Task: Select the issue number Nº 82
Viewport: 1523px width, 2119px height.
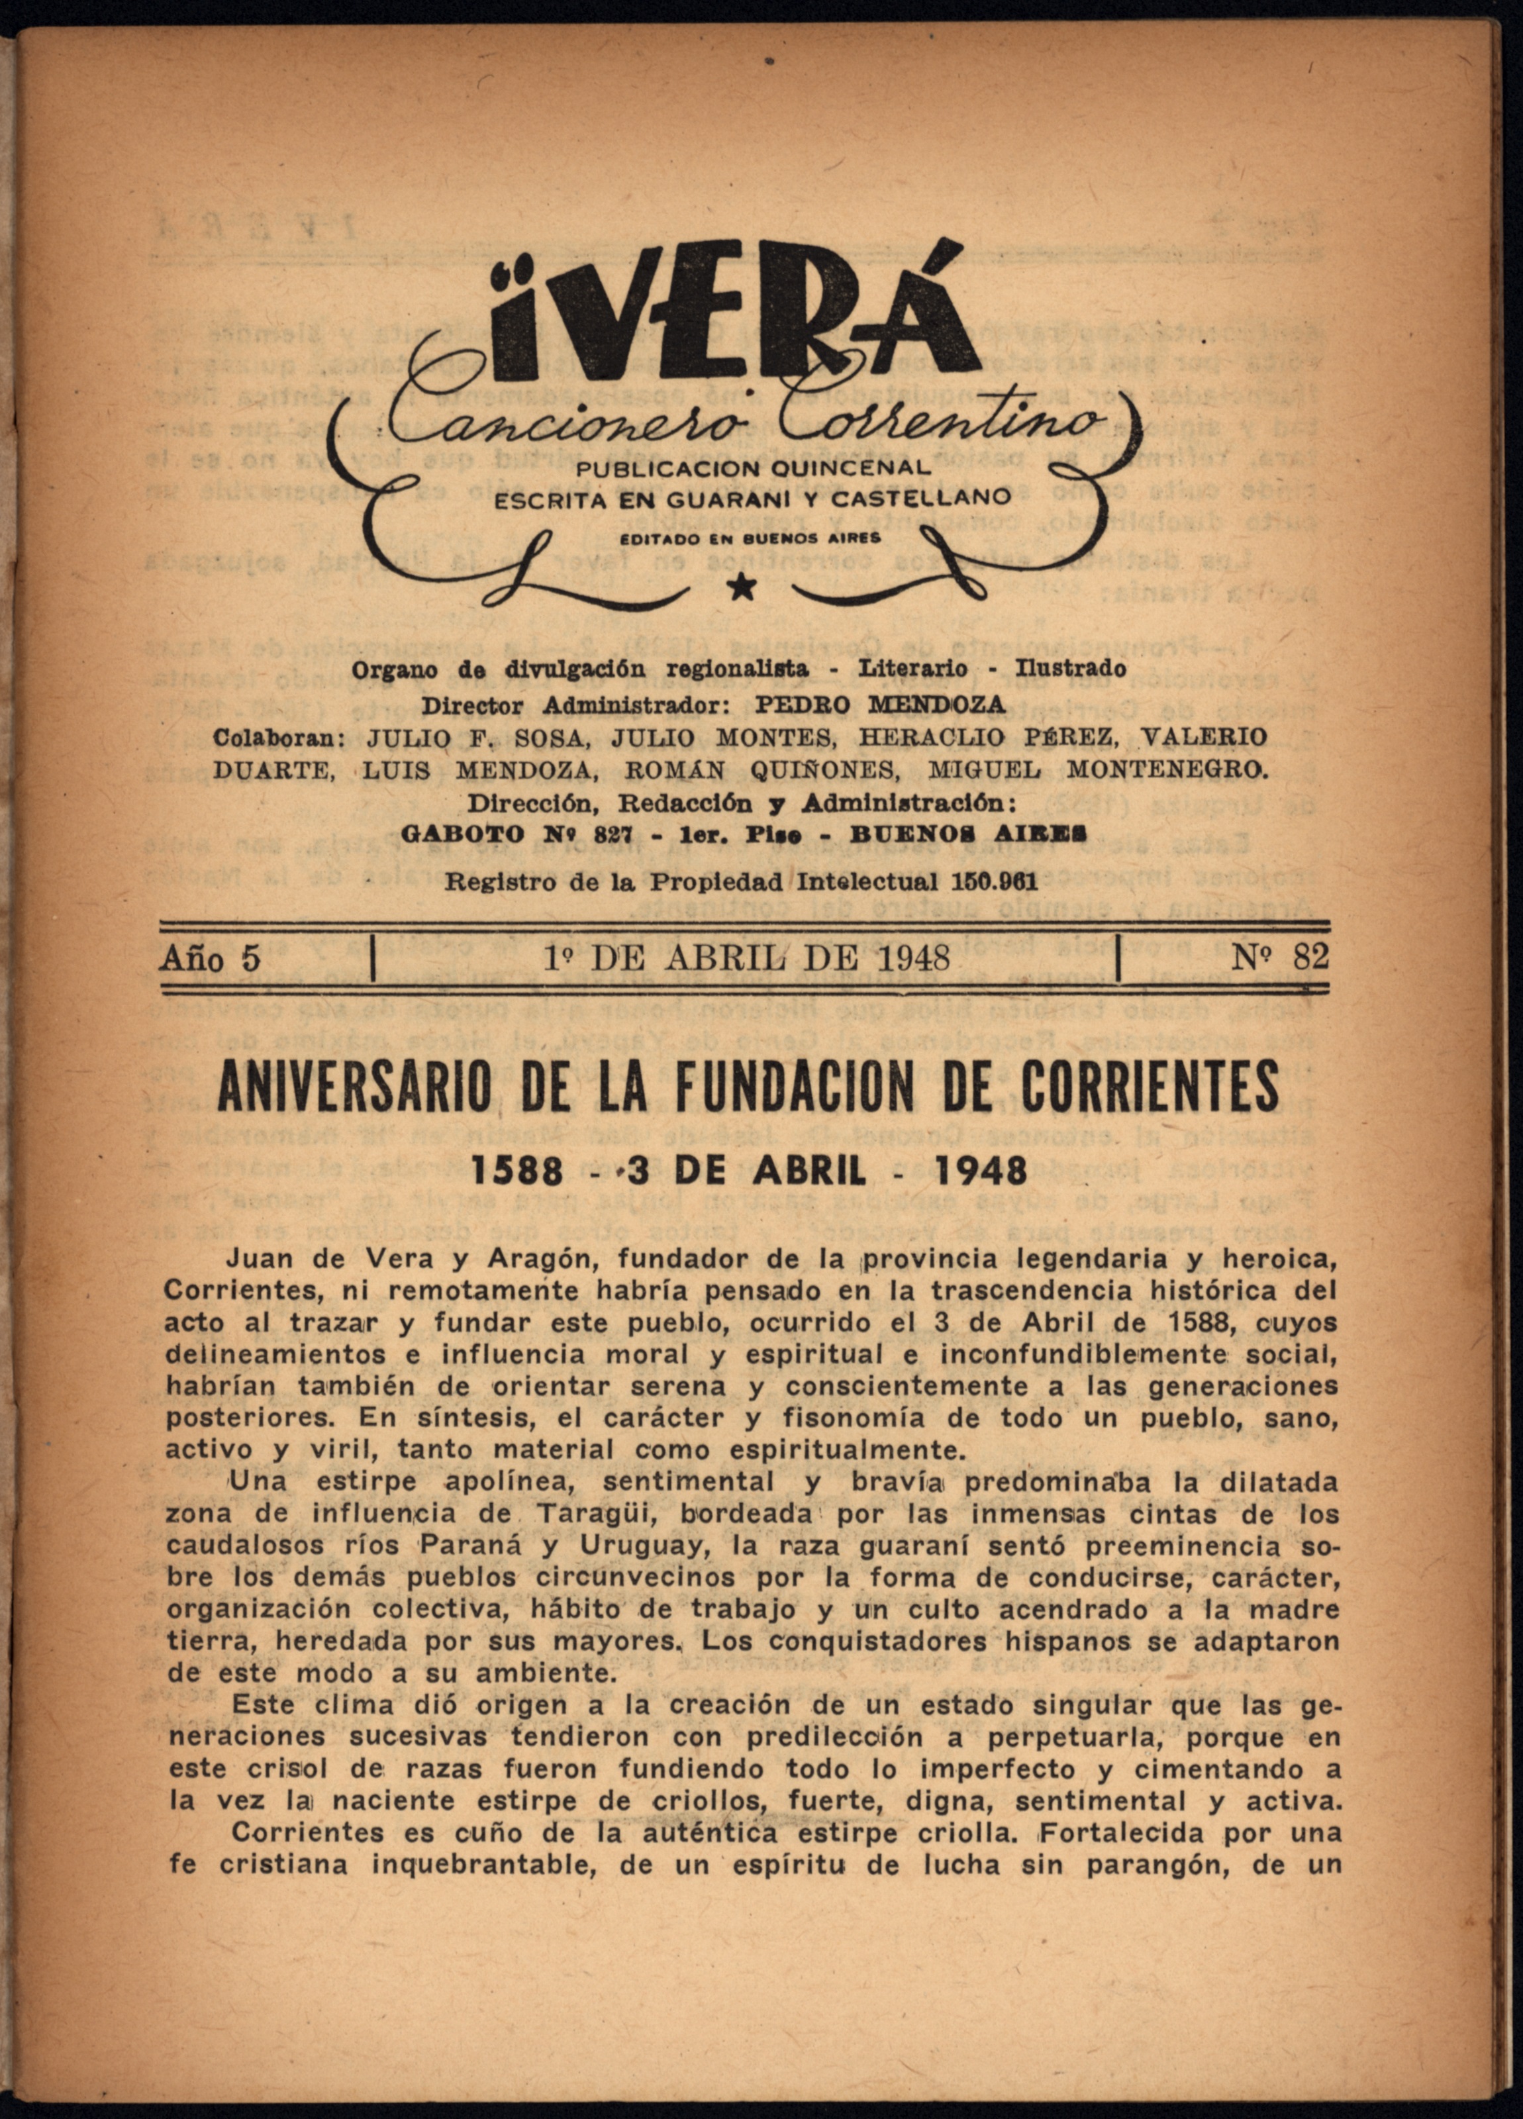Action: pyautogui.click(x=1279, y=957)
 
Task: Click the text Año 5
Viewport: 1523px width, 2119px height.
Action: pyautogui.click(x=210, y=959)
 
